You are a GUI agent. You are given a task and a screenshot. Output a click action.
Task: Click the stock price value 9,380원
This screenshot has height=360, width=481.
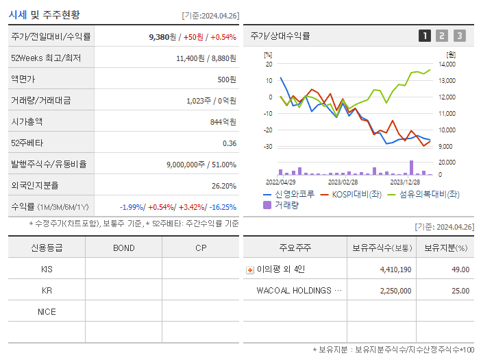(x=164, y=36)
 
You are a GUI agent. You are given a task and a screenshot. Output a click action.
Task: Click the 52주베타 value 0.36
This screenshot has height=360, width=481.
(x=230, y=143)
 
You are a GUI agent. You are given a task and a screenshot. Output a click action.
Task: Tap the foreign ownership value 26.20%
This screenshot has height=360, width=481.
(x=224, y=186)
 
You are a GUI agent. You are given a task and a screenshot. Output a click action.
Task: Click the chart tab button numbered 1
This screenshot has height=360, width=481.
(x=425, y=36)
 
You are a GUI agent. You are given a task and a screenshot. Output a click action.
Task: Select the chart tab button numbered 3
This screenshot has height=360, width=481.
(x=459, y=36)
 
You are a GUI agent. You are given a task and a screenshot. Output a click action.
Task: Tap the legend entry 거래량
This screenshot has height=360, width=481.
(x=286, y=205)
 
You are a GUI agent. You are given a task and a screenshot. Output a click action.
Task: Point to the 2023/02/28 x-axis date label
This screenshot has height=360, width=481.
(x=343, y=182)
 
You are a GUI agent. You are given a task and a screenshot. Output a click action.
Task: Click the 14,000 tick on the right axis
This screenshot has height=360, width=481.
(x=447, y=64)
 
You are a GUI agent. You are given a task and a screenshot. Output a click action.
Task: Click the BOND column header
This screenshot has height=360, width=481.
(x=123, y=248)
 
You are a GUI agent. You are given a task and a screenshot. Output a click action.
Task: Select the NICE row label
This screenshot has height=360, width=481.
(x=47, y=312)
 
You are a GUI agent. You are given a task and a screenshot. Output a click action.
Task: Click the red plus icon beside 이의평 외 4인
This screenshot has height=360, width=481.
(x=249, y=270)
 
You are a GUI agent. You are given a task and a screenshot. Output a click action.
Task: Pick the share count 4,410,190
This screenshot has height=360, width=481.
(x=395, y=269)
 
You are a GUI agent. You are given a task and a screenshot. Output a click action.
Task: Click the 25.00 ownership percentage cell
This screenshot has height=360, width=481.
(x=460, y=291)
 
